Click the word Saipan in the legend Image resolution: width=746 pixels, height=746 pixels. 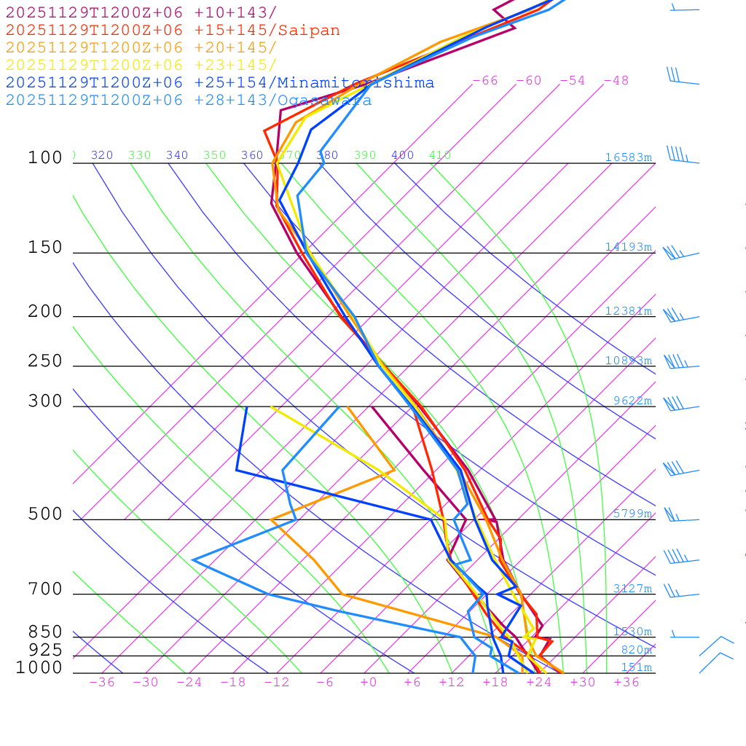tap(308, 31)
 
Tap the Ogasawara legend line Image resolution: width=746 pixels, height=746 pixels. tap(189, 101)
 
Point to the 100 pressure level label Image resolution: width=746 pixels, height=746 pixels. tap(45, 158)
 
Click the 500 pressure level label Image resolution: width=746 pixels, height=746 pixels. tap(45, 514)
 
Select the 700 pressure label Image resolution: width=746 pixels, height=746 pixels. tap(45, 589)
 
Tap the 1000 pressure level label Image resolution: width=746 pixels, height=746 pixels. tap(39, 668)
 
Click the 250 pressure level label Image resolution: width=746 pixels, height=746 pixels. tap(45, 361)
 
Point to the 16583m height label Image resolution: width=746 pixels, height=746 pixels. tap(628, 157)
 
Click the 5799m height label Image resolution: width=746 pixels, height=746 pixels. tap(632, 514)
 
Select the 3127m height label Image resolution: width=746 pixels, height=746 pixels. tap(632, 589)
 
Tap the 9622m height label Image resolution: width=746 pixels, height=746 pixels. tap(632, 401)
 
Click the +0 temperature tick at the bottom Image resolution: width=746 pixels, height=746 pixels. tap(369, 683)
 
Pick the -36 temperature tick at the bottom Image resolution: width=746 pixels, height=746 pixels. tap(102, 683)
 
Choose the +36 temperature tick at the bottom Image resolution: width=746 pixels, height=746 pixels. tap(627, 683)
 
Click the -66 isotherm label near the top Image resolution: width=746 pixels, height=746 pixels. tap(485, 81)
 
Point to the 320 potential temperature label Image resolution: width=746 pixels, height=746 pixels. tap(102, 155)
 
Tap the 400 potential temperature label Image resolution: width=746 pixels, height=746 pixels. tap(402, 155)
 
